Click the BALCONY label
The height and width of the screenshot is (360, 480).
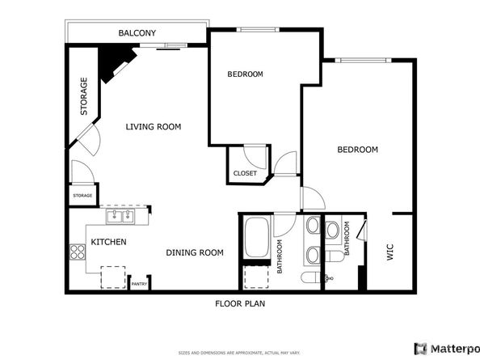[137, 33]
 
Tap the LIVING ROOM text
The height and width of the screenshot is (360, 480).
[153, 127]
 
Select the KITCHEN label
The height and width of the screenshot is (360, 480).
[107, 242]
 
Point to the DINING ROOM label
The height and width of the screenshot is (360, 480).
[194, 252]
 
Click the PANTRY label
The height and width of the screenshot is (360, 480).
[139, 284]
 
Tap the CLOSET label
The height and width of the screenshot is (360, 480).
[245, 173]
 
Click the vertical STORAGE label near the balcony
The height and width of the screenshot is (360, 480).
[83, 96]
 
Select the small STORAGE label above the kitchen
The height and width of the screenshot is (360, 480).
[82, 195]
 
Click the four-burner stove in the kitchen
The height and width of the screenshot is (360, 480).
[78, 252]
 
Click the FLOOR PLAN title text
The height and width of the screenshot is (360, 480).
[240, 304]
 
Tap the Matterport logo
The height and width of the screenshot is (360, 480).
[445, 348]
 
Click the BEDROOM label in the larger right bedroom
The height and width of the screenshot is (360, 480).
[357, 150]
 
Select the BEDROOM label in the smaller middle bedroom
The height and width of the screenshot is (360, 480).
[245, 74]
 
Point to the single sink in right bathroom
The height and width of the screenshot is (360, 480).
[332, 231]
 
